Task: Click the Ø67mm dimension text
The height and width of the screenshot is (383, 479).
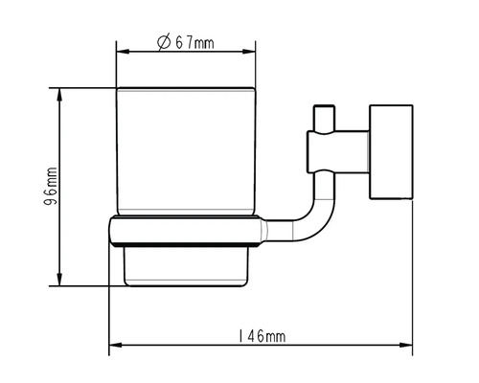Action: coord(188,41)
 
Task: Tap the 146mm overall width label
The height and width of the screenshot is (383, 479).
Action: coord(260,336)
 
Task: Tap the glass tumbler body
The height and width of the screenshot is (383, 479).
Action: coord(188,153)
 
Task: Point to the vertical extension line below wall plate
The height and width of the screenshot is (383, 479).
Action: coord(413,278)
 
